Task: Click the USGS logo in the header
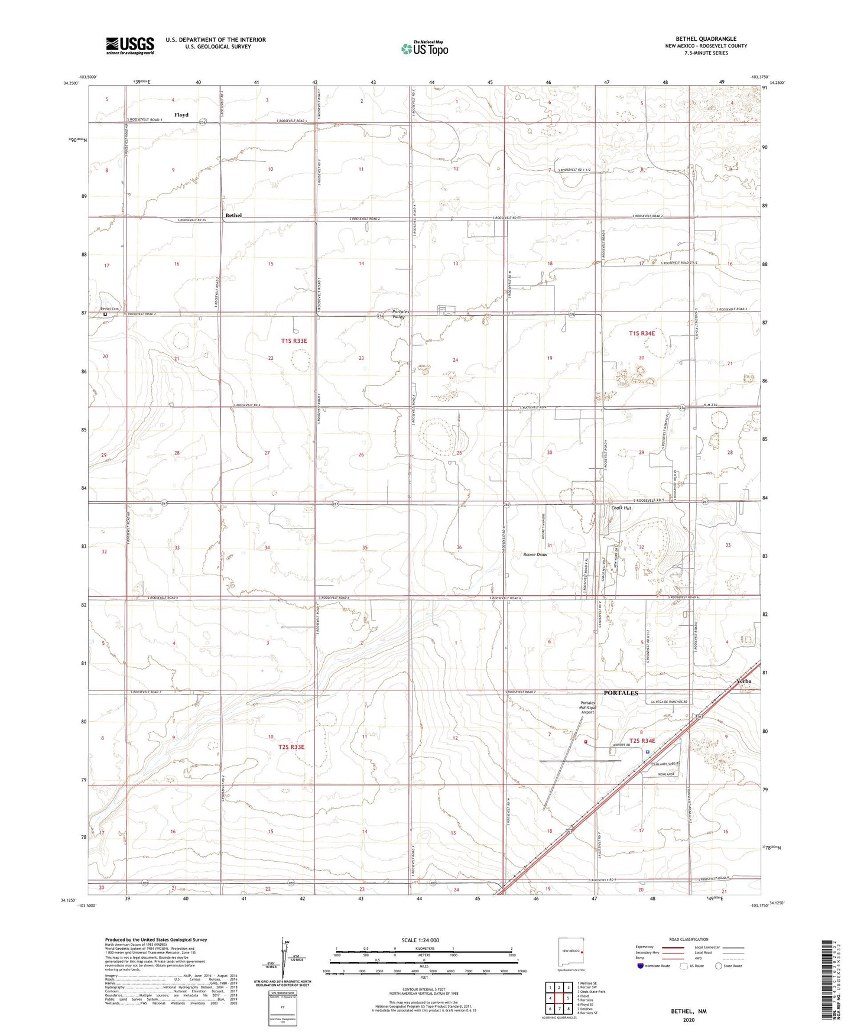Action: [x=129, y=46]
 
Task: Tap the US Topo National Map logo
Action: [x=424, y=48]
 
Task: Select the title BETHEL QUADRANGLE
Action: [x=706, y=39]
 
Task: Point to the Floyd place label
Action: [x=181, y=115]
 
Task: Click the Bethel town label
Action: [x=233, y=215]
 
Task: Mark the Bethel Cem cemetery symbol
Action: [x=106, y=314]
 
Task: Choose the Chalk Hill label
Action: [x=621, y=508]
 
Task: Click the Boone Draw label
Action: [x=535, y=555]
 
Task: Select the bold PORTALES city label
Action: [x=621, y=693]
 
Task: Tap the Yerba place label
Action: [x=744, y=681]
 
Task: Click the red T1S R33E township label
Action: [x=294, y=341]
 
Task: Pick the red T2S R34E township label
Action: [x=642, y=741]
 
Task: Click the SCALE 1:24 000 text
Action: [x=420, y=940]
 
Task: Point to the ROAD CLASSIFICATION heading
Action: [x=689, y=939]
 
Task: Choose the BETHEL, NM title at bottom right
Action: [x=689, y=1011]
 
